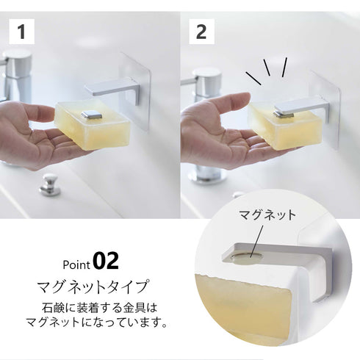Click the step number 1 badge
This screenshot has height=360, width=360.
tap(21, 32)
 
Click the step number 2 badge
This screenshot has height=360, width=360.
tap(201, 32)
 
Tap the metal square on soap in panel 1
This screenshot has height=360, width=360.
tap(92, 115)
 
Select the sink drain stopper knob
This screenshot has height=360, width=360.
tap(50, 184)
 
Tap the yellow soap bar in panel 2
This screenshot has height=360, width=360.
tap(284, 127)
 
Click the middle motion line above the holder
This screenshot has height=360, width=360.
tap(267, 68)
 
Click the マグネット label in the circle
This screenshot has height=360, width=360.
tap(267, 215)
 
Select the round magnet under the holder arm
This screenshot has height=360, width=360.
tap(246, 256)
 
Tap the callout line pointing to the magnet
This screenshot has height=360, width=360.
tap(256, 241)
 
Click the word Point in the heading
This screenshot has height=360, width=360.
tap(76, 264)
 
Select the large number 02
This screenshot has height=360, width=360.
tap(106, 261)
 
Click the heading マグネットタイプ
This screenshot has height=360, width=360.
tap(93, 287)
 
